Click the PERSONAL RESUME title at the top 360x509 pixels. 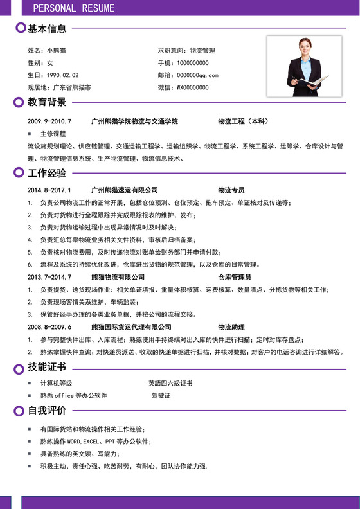[74, 8]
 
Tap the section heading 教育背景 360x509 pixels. [47, 102]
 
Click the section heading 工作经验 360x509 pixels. [47, 173]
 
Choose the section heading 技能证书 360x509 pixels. [47, 367]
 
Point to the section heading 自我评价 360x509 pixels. [47, 410]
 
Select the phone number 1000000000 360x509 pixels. [193, 62]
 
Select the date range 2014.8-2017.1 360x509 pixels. [49, 190]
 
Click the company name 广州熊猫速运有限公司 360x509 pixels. [125, 190]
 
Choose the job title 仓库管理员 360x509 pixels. [235, 277]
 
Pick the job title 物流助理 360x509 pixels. [231, 326]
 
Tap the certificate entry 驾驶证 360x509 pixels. [161, 395]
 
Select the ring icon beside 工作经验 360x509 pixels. [18, 173]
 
